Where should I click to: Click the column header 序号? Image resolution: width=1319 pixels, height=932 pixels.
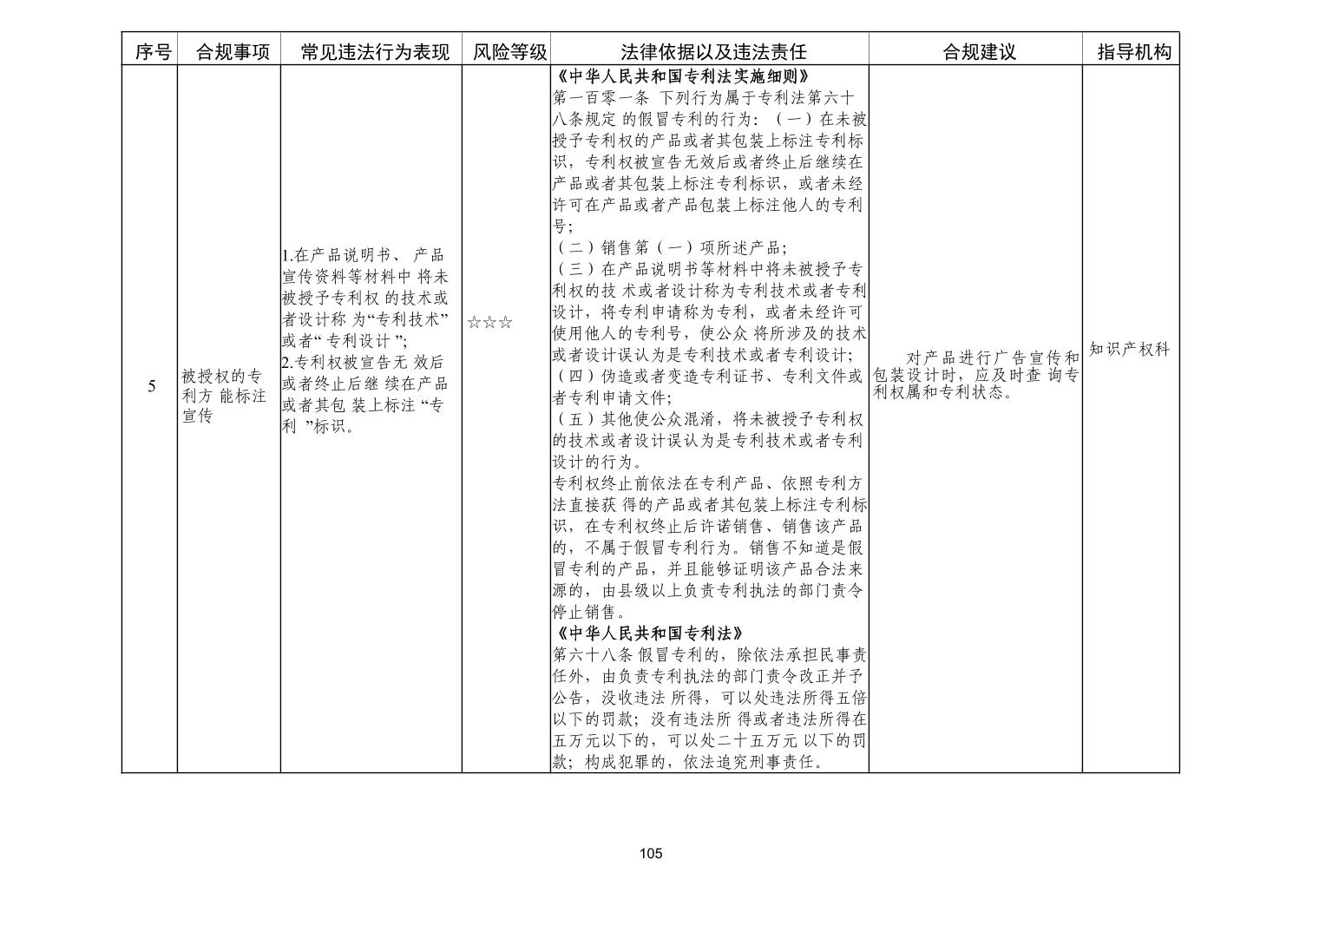tap(153, 52)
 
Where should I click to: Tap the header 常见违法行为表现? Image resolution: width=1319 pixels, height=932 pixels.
tap(375, 52)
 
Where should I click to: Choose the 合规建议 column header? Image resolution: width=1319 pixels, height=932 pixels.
tap(979, 52)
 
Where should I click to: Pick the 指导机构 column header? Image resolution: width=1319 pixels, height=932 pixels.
tap(1134, 52)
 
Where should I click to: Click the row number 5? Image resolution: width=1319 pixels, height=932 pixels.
tap(152, 386)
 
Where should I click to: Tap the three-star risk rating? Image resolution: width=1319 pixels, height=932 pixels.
tap(489, 324)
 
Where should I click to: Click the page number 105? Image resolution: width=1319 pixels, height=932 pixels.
tap(651, 854)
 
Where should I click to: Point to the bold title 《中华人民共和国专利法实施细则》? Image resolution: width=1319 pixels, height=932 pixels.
tap(685, 76)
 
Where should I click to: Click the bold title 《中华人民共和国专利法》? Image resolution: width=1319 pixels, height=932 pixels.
tap(647, 633)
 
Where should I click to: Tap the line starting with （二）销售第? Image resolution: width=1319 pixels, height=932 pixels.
tap(670, 248)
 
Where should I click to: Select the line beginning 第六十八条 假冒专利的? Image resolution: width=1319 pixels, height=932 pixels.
tap(709, 654)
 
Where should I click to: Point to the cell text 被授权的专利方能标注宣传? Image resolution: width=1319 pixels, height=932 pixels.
tap(223, 396)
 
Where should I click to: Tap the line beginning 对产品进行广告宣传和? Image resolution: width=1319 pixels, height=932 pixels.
tap(992, 358)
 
